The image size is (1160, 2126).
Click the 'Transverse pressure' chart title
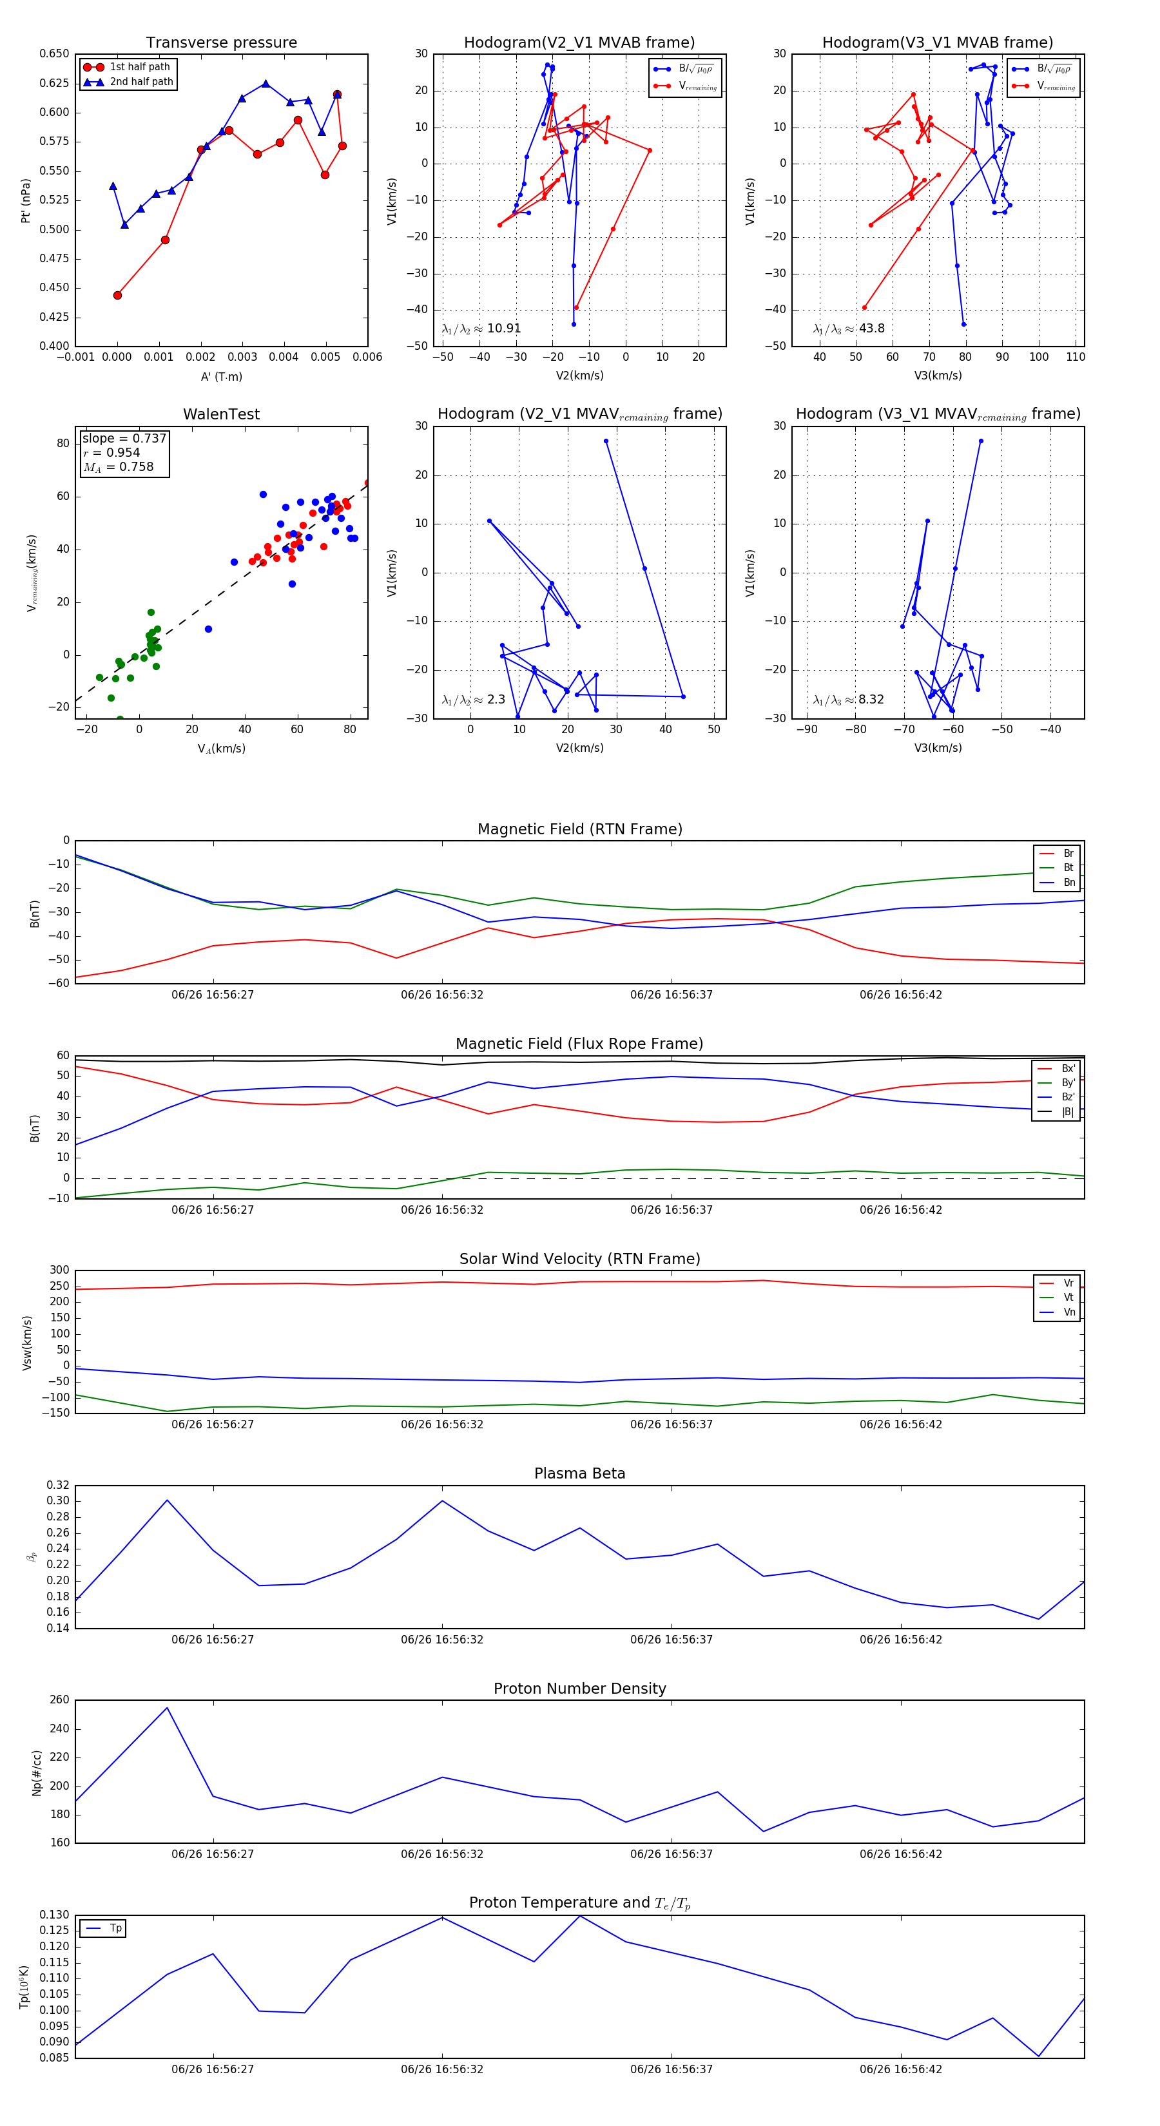coord(221,43)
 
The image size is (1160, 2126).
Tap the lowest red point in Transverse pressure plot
coord(117,296)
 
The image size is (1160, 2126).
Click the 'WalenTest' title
coord(221,414)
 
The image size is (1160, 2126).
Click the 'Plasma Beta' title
coord(579,1474)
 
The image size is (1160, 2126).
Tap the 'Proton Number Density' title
coord(579,1689)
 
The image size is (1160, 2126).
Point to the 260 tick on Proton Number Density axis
coord(59,1700)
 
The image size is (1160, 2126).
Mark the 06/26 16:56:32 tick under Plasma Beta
coord(441,1640)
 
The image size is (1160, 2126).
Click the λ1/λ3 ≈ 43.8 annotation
coord(849,329)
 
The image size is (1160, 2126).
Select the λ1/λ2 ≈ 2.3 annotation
coord(473,700)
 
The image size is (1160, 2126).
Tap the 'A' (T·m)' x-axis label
coord(221,377)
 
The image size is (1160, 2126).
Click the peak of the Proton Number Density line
coord(167,1709)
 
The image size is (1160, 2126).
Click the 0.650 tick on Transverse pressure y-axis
coord(55,55)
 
